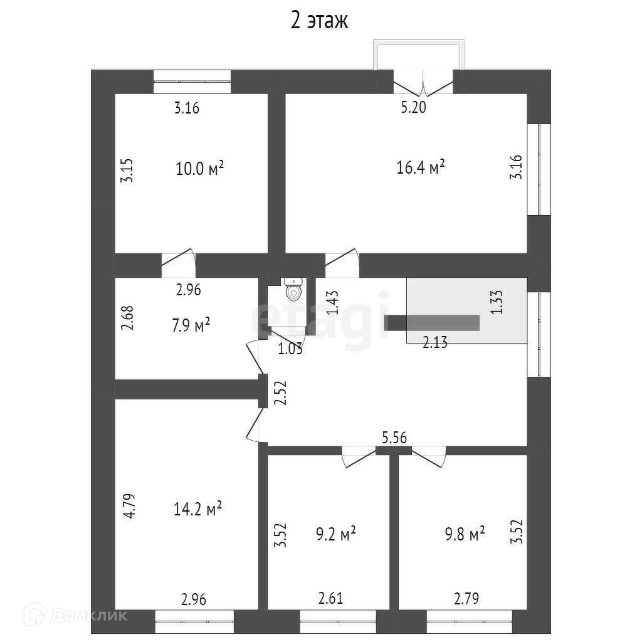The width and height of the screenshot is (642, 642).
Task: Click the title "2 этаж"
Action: pos(319,21)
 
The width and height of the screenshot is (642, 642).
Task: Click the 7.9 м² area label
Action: pos(189,326)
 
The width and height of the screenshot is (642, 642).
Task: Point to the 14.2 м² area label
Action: pos(197,510)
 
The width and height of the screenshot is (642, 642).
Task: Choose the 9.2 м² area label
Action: pos(336,535)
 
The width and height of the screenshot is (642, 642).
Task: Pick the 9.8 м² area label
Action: pos(465,535)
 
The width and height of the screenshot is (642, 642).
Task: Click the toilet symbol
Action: pos(293,290)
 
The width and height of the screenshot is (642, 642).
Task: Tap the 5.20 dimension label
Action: pos(414,107)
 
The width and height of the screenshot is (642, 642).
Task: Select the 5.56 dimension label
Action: pos(395,438)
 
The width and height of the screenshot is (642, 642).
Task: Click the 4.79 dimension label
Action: pos(129,506)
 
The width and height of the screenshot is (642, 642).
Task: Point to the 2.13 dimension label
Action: pos(434,342)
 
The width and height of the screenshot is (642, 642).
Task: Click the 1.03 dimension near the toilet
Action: pos(290,349)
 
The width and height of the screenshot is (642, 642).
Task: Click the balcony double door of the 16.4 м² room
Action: pos(423,83)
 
